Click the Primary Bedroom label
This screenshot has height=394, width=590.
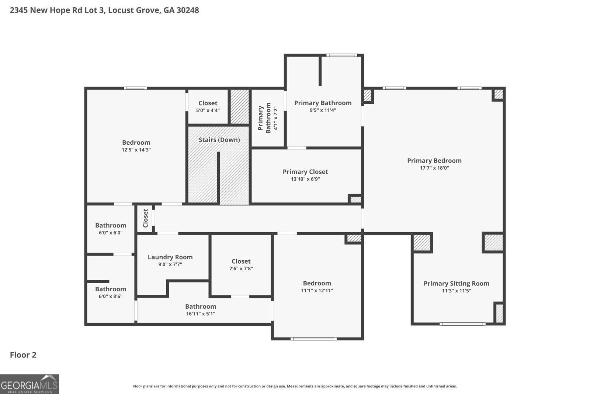click(434, 161)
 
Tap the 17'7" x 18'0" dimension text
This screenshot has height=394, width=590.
click(434, 168)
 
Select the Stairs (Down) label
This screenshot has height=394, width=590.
click(219, 140)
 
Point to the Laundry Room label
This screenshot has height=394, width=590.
click(170, 257)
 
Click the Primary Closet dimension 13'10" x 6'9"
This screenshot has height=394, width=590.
click(305, 179)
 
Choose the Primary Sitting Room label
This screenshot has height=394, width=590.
click(456, 284)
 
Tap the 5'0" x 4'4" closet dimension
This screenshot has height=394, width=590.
click(208, 110)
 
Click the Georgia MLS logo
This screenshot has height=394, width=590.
click(29, 384)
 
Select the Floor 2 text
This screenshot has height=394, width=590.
click(23, 355)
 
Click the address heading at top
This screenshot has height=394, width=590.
click(104, 10)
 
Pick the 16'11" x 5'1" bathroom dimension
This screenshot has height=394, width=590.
click(200, 314)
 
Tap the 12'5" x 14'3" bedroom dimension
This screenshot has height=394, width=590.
click(136, 150)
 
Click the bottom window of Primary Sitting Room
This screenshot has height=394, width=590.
click(462, 324)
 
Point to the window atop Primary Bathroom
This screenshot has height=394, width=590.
click(341, 55)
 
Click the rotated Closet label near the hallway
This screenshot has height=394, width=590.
click(145, 218)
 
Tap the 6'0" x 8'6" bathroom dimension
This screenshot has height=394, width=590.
click(110, 297)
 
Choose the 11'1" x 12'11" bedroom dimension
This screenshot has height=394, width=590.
click(317, 291)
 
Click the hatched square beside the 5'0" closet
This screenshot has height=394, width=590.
click(240, 107)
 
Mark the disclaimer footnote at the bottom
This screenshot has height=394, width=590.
click(295, 386)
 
